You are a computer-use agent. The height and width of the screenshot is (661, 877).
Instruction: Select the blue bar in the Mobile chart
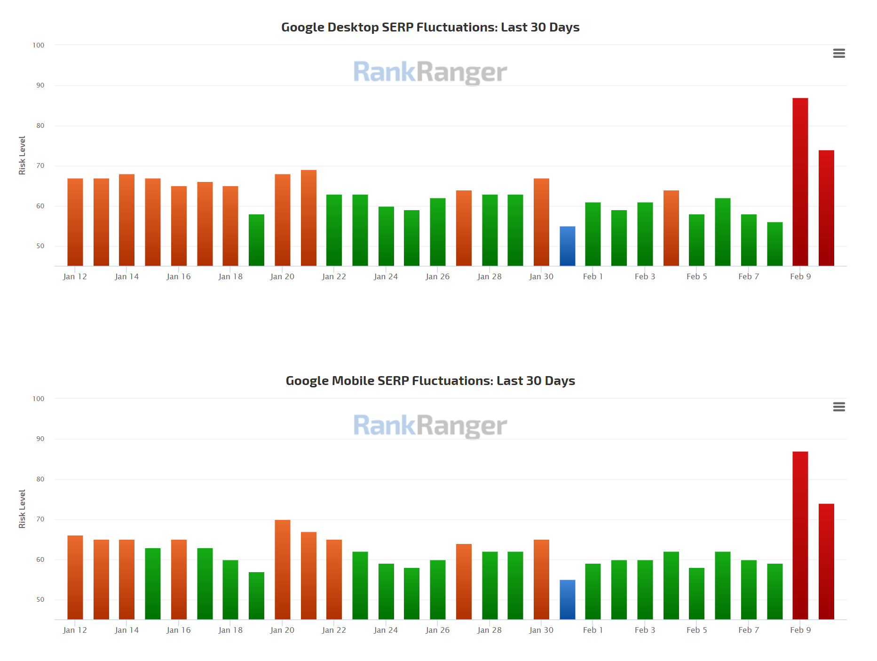pos(567,599)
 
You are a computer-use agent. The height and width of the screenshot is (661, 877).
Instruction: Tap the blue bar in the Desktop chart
pos(567,246)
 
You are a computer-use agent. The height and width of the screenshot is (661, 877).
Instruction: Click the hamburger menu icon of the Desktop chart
pos(839,54)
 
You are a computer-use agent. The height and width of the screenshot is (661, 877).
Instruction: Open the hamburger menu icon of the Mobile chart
pos(839,407)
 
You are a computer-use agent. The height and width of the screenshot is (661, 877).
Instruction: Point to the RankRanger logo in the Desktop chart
pos(430,72)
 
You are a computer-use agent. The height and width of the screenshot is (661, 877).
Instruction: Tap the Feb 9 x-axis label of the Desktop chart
pos(800,276)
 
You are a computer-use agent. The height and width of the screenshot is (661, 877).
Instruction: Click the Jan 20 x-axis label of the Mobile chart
pos(282,630)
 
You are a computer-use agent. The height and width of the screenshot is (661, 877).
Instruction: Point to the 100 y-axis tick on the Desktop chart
pos(39,45)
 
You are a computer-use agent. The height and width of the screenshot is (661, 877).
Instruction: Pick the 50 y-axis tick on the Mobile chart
pos(40,600)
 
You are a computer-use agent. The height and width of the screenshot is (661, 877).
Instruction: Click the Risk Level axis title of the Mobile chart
pos(22,509)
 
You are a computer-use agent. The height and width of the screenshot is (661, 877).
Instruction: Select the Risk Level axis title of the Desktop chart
pos(22,155)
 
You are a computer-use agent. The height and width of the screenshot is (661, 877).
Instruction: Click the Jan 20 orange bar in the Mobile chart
pos(283,569)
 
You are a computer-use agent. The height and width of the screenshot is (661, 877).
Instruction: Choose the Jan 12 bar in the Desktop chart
pos(75,222)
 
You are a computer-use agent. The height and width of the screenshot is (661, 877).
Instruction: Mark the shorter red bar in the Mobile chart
pos(826,561)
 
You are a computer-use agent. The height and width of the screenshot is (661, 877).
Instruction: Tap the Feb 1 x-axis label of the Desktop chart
pos(593,276)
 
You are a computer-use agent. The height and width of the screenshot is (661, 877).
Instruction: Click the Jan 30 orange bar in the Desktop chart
pos(541,222)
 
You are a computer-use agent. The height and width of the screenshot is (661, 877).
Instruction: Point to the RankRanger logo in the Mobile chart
pos(430,426)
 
